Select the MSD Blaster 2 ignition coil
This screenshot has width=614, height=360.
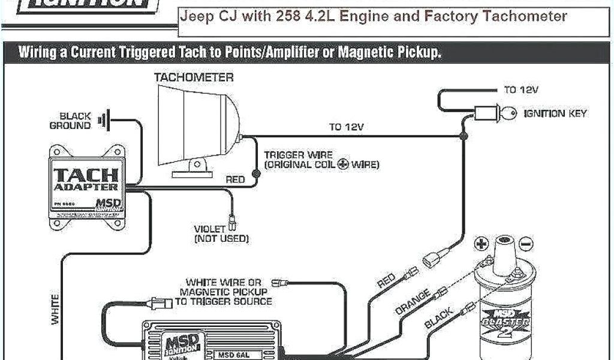point(503,300)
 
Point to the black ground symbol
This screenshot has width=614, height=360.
point(109,120)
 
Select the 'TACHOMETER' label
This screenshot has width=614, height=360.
point(194,78)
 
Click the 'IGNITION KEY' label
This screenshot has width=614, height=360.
point(555,113)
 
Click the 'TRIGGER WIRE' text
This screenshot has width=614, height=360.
point(298,154)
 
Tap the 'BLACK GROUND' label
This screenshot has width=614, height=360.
point(71,121)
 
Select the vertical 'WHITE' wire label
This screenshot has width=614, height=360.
point(55,309)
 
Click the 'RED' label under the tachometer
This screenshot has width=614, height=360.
point(234,179)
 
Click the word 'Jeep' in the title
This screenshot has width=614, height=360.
point(195,16)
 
